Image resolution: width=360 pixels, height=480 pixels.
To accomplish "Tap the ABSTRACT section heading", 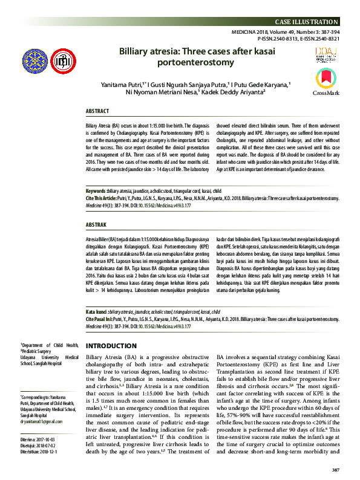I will tap(97, 112).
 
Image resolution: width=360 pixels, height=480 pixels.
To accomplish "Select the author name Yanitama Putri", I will tap(123, 84).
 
